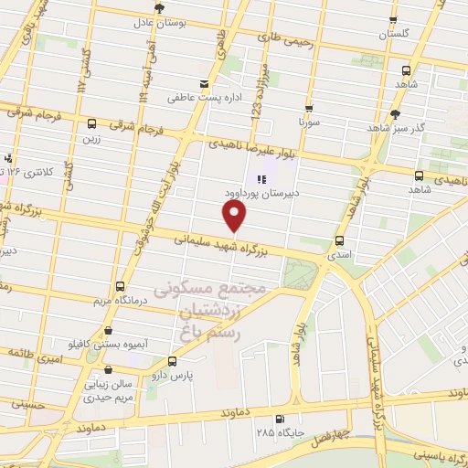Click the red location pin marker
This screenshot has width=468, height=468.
pyautogui.click(x=235, y=216)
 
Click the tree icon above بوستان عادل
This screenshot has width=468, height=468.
pyautogui.click(x=160, y=8)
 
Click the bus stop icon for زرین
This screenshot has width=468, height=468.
pyautogui.click(x=91, y=123)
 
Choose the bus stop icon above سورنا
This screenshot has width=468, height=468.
pyautogui.click(x=309, y=105)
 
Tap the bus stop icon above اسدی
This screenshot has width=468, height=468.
pyautogui.click(x=340, y=242)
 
